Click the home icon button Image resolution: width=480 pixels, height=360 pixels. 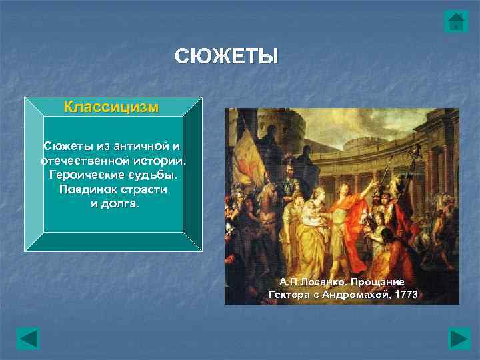(x=456, y=21)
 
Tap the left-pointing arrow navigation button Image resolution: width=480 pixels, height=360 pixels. (x=28, y=338)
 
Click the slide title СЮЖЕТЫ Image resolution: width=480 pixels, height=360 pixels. (x=226, y=57)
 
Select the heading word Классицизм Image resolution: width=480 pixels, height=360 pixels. (x=111, y=107)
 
